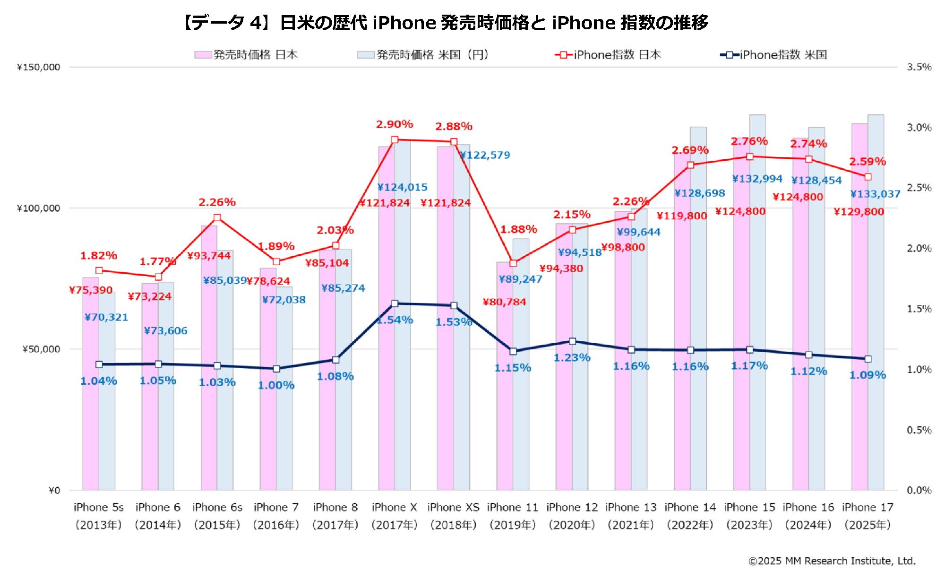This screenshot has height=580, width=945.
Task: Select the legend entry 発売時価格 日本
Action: (x=246, y=55)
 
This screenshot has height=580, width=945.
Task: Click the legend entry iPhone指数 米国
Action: (x=773, y=55)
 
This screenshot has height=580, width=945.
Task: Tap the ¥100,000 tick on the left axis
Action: (x=39, y=208)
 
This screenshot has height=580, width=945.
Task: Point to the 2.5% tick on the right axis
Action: (x=919, y=188)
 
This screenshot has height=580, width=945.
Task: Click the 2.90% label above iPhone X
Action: (x=395, y=124)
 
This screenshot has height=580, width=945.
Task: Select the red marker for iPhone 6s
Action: (x=217, y=218)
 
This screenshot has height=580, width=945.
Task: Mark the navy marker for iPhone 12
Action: (x=572, y=341)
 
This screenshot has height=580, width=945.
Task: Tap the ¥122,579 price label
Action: (x=485, y=155)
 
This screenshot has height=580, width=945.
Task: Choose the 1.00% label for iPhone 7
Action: (x=276, y=385)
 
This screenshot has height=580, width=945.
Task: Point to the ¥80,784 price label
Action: (x=504, y=302)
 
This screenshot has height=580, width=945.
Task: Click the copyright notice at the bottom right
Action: (x=832, y=561)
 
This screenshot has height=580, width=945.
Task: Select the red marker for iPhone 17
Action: (x=868, y=177)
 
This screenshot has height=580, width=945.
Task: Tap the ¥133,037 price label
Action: (x=875, y=194)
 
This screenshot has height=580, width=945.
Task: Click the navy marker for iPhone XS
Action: (x=454, y=306)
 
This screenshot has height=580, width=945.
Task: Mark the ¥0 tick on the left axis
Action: (x=54, y=491)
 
